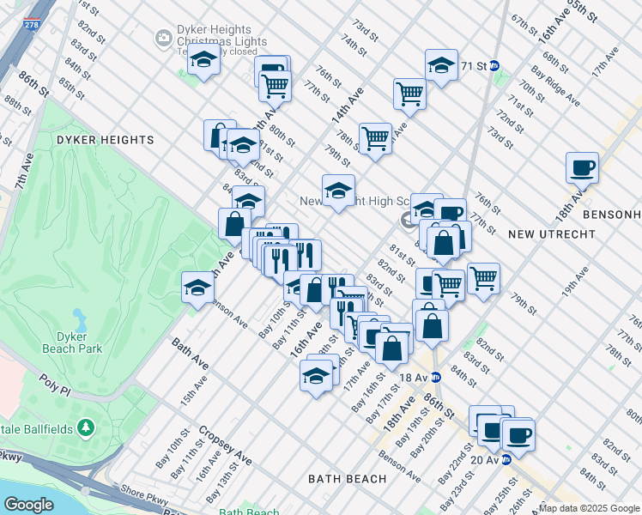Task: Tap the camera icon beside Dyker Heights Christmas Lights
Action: [162, 38]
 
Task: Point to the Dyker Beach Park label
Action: [73, 342]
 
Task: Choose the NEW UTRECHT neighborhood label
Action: [544, 234]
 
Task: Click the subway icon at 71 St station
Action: [506, 65]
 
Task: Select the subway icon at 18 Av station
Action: [435, 376]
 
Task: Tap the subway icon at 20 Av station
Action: [506, 459]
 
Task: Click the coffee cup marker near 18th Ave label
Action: [583, 167]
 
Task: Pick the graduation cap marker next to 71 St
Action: [441, 64]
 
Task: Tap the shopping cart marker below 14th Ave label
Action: [375, 137]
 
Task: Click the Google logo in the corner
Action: [28, 505]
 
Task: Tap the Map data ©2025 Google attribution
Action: [589, 508]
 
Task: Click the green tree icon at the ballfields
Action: [85, 427]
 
